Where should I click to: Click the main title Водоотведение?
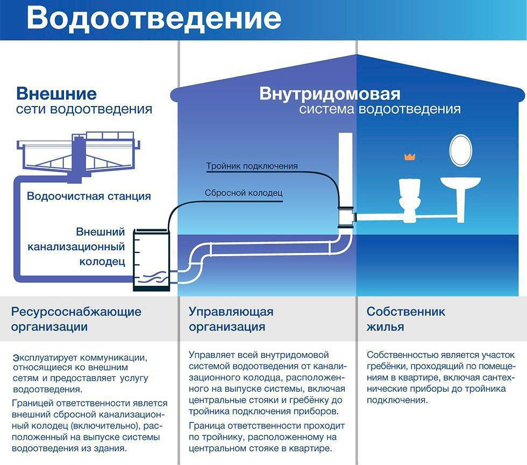point(154,19)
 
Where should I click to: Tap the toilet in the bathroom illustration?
point(410,200)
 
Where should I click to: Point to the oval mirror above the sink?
point(461,150)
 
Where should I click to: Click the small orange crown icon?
point(410,157)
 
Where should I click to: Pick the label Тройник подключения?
point(252,166)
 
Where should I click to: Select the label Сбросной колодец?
point(243,193)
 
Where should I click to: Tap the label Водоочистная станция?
point(89,196)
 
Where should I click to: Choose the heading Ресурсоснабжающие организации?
point(76,319)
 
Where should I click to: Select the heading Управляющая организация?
point(231,319)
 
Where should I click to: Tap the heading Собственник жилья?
point(405,319)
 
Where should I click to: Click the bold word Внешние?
point(56,94)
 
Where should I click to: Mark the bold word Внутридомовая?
point(330,94)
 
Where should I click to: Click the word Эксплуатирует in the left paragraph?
point(45,358)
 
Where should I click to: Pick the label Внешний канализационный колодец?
point(76,246)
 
